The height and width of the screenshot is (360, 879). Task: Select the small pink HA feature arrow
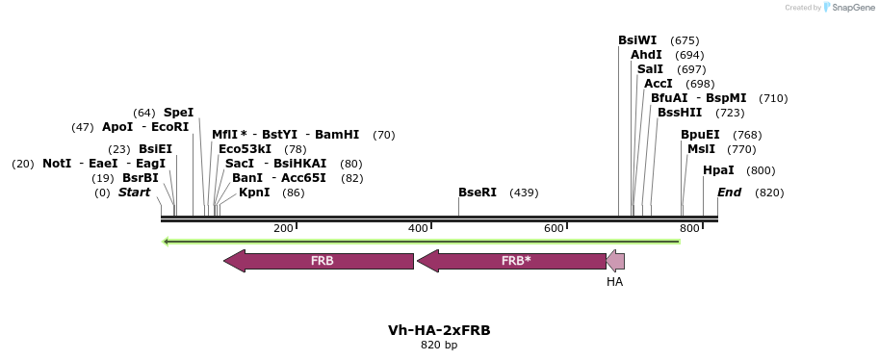615,261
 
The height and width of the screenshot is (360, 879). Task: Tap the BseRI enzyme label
478,193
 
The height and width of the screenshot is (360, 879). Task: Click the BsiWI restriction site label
637,40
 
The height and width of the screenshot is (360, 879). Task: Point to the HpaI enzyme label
718,170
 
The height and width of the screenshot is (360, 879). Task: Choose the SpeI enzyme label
178,113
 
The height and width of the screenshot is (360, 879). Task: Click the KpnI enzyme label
254,193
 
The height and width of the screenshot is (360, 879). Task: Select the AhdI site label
646,55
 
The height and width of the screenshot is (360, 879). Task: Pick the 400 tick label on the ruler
418,228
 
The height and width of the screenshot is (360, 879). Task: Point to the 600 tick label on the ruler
554,228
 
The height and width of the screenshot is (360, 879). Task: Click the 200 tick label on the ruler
283,228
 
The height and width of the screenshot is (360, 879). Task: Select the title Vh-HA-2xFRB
439,330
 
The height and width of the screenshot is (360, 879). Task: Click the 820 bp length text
439,345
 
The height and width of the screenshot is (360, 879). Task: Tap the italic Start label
134,193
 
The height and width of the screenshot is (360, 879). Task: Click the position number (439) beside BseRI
524,193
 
